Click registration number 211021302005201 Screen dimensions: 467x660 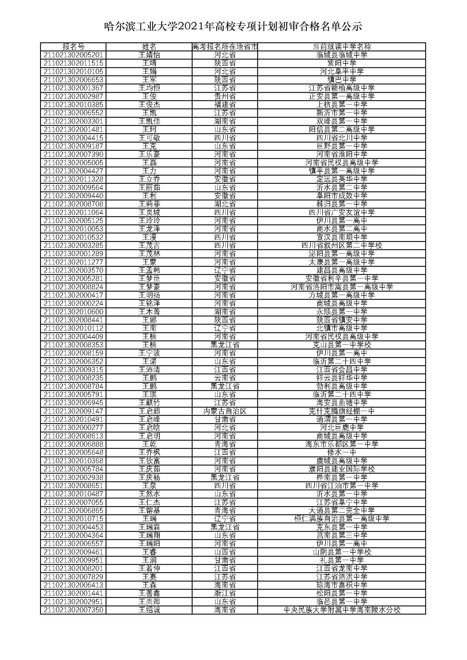tap(73, 55)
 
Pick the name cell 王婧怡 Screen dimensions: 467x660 tap(149, 55)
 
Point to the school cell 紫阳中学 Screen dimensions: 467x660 tap(342, 63)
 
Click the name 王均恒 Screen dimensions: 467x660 tap(149, 88)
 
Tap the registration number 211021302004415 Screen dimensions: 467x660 tap(73, 138)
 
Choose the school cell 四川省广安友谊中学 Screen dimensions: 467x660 tap(342, 213)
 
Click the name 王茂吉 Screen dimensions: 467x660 tap(149, 246)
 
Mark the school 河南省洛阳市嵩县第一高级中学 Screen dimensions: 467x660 tap(342, 287)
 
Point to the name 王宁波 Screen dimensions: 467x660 tap(149, 353)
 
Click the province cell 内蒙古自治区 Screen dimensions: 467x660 tap(225, 411)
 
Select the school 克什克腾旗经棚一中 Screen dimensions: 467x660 tap(342, 411)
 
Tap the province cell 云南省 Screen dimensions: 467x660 tap(225, 378)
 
